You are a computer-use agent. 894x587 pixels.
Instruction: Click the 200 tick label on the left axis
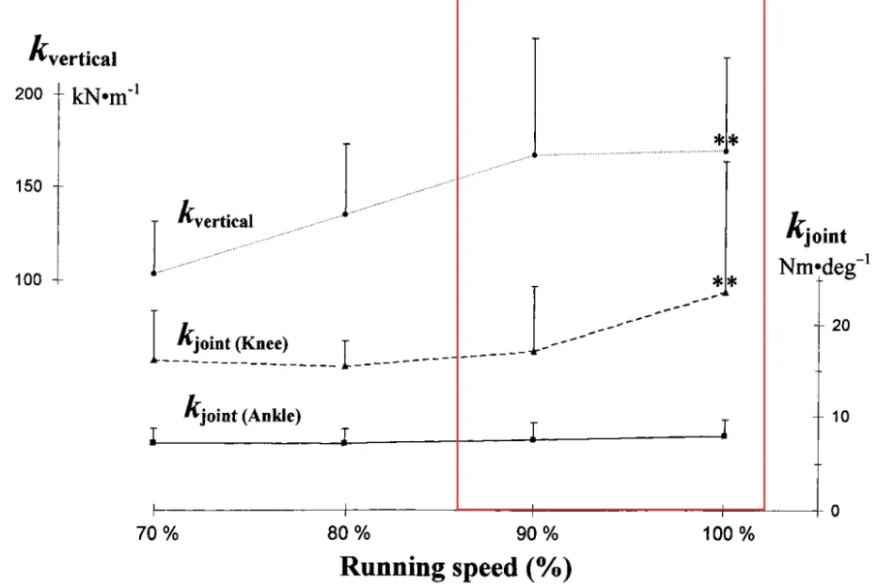click(x=28, y=94)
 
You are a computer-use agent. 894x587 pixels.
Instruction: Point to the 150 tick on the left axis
click(x=28, y=186)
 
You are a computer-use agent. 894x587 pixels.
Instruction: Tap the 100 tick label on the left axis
click(x=28, y=279)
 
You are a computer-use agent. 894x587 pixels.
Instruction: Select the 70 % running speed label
click(x=158, y=534)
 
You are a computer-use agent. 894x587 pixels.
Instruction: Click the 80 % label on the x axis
click(x=349, y=534)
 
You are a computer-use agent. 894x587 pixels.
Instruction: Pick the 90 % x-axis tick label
click(x=537, y=534)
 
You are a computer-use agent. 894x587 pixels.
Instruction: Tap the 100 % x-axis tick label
click(x=729, y=534)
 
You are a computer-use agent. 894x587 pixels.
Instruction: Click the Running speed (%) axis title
click(x=456, y=567)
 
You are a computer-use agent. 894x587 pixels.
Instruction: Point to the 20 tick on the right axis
click(x=840, y=325)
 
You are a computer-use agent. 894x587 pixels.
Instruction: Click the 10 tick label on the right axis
click(x=840, y=417)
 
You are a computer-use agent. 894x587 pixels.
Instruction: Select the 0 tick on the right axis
click(x=836, y=511)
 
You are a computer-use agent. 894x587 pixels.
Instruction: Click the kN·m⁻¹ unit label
click(x=105, y=95)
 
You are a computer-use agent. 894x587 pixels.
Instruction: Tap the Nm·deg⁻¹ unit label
click(x=824, y=265)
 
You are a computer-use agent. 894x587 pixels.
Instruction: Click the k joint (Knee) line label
click(x=232, y=338)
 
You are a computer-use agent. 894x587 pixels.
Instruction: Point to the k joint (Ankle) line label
click(x=243, y=410)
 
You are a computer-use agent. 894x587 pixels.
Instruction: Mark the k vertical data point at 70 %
click(x=154, y=273)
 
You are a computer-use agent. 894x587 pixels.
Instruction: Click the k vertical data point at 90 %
click(x=535, y=155)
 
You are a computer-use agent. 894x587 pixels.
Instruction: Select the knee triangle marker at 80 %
click(x=345, y=366)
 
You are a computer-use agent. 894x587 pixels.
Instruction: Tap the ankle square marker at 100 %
click(x=724, y=436)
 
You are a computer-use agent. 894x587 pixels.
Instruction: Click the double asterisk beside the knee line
click(x=725, y=282)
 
